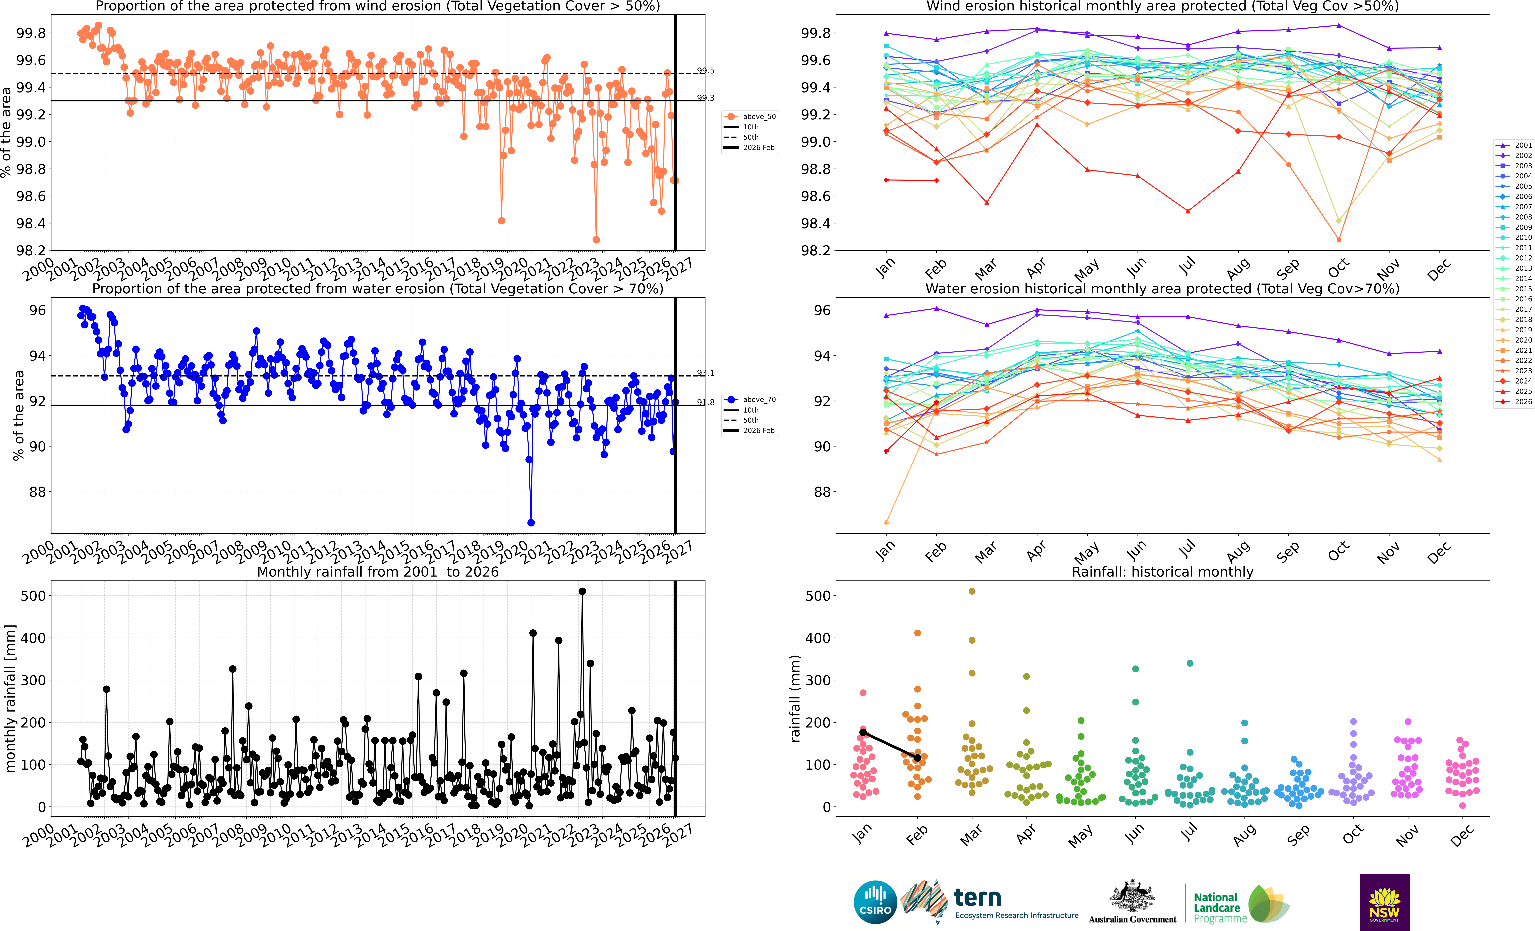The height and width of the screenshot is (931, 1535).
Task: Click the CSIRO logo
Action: [x=875, y=902]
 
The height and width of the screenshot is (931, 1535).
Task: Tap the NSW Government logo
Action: [x=1384, y=902]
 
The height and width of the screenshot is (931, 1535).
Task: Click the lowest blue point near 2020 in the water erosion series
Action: [x=531, y=523]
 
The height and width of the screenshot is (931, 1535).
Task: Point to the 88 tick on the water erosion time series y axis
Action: [x=38, y=492]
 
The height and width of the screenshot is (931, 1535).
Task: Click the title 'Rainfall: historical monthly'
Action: [x=1163, y=572]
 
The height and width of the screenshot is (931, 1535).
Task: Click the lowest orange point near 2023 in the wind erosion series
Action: [x=596, y=240]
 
